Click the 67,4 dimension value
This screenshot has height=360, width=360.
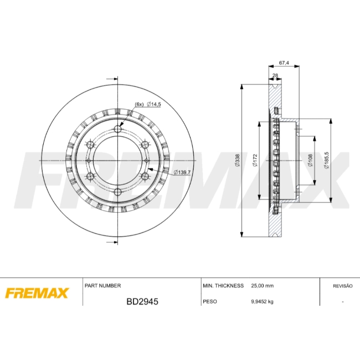(x=284, y=63)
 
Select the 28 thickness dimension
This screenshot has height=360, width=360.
(x=275, y=75)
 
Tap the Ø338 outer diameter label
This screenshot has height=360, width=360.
(x=237, y=160)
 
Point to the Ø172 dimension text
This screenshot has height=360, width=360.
(x=255, y=160)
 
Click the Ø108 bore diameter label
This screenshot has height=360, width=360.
(x=310, y=160)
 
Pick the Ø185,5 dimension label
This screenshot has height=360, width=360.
(x=327, y=160)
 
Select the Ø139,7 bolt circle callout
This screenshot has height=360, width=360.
(x=182, y=172)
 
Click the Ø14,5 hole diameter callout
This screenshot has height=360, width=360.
(x=154, y=104)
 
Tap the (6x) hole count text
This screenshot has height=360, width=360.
(x=139, y=104)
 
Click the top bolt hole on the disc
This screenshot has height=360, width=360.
(x=118, y=129)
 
